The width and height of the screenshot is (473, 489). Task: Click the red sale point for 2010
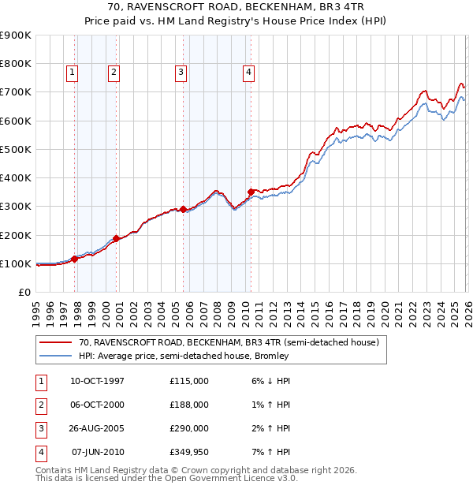click(251, 192)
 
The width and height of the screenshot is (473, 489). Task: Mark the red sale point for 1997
click(75, 259)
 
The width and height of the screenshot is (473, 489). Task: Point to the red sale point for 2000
click(117, 238)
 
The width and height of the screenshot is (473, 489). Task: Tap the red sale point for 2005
click(184, 209)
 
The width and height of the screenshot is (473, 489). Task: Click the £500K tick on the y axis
click(15, 149)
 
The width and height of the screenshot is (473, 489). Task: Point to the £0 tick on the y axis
click(24, 293)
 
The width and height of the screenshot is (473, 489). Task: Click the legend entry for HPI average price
click(184, 356)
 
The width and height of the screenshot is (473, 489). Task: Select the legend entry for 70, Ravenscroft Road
click(229, 343)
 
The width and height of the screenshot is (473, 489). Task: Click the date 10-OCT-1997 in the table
click(97, 381)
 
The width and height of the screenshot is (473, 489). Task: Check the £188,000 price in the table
click(188, 405)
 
